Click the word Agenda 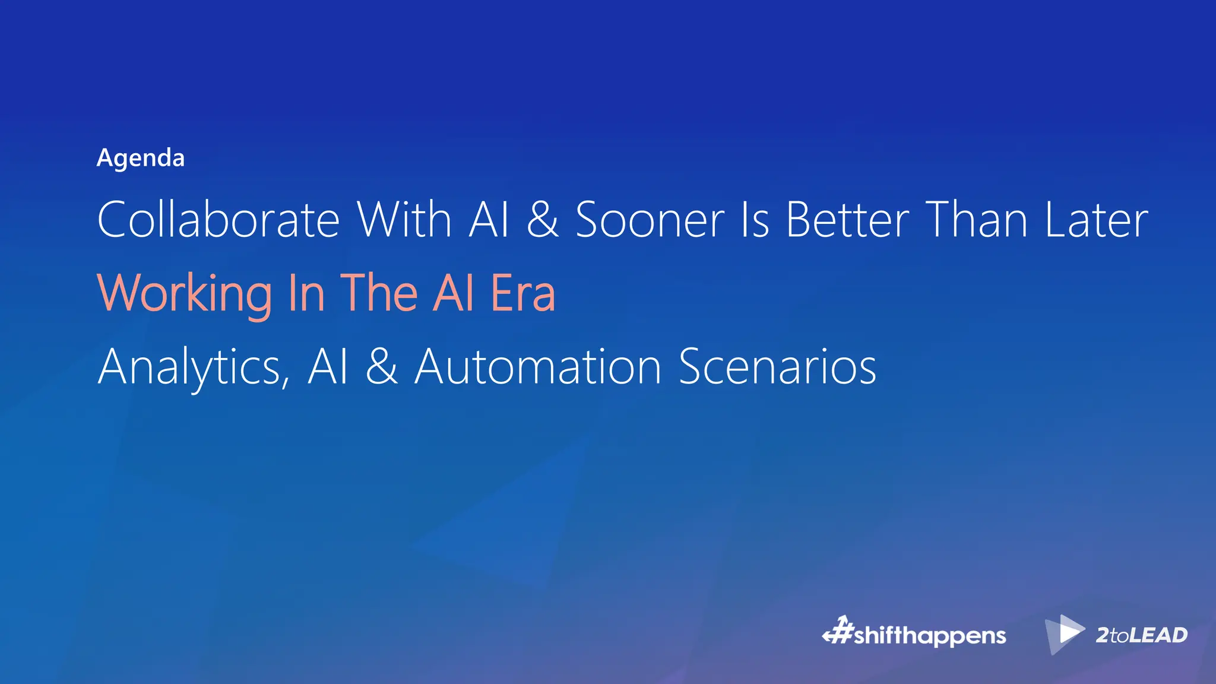click(x=141, y=158)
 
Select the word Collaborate click(x=218, y=220)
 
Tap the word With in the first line click(x=404, y=220)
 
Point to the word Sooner click(x=650, y=220)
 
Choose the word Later click(x=1096, y=220)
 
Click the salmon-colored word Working click(x=185, y=293)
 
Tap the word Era click(x=523, y=293)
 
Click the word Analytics click(x=194, y=367)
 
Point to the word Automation click(x=538, y=367)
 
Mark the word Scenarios click(x=777, y=367)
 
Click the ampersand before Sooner click(x=543, y=220)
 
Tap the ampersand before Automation click(x=381, y=367)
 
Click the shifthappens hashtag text click(x=930, y=636)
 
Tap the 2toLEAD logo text click(x=1141, y=635)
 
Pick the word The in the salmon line click(x=379, y=293)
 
